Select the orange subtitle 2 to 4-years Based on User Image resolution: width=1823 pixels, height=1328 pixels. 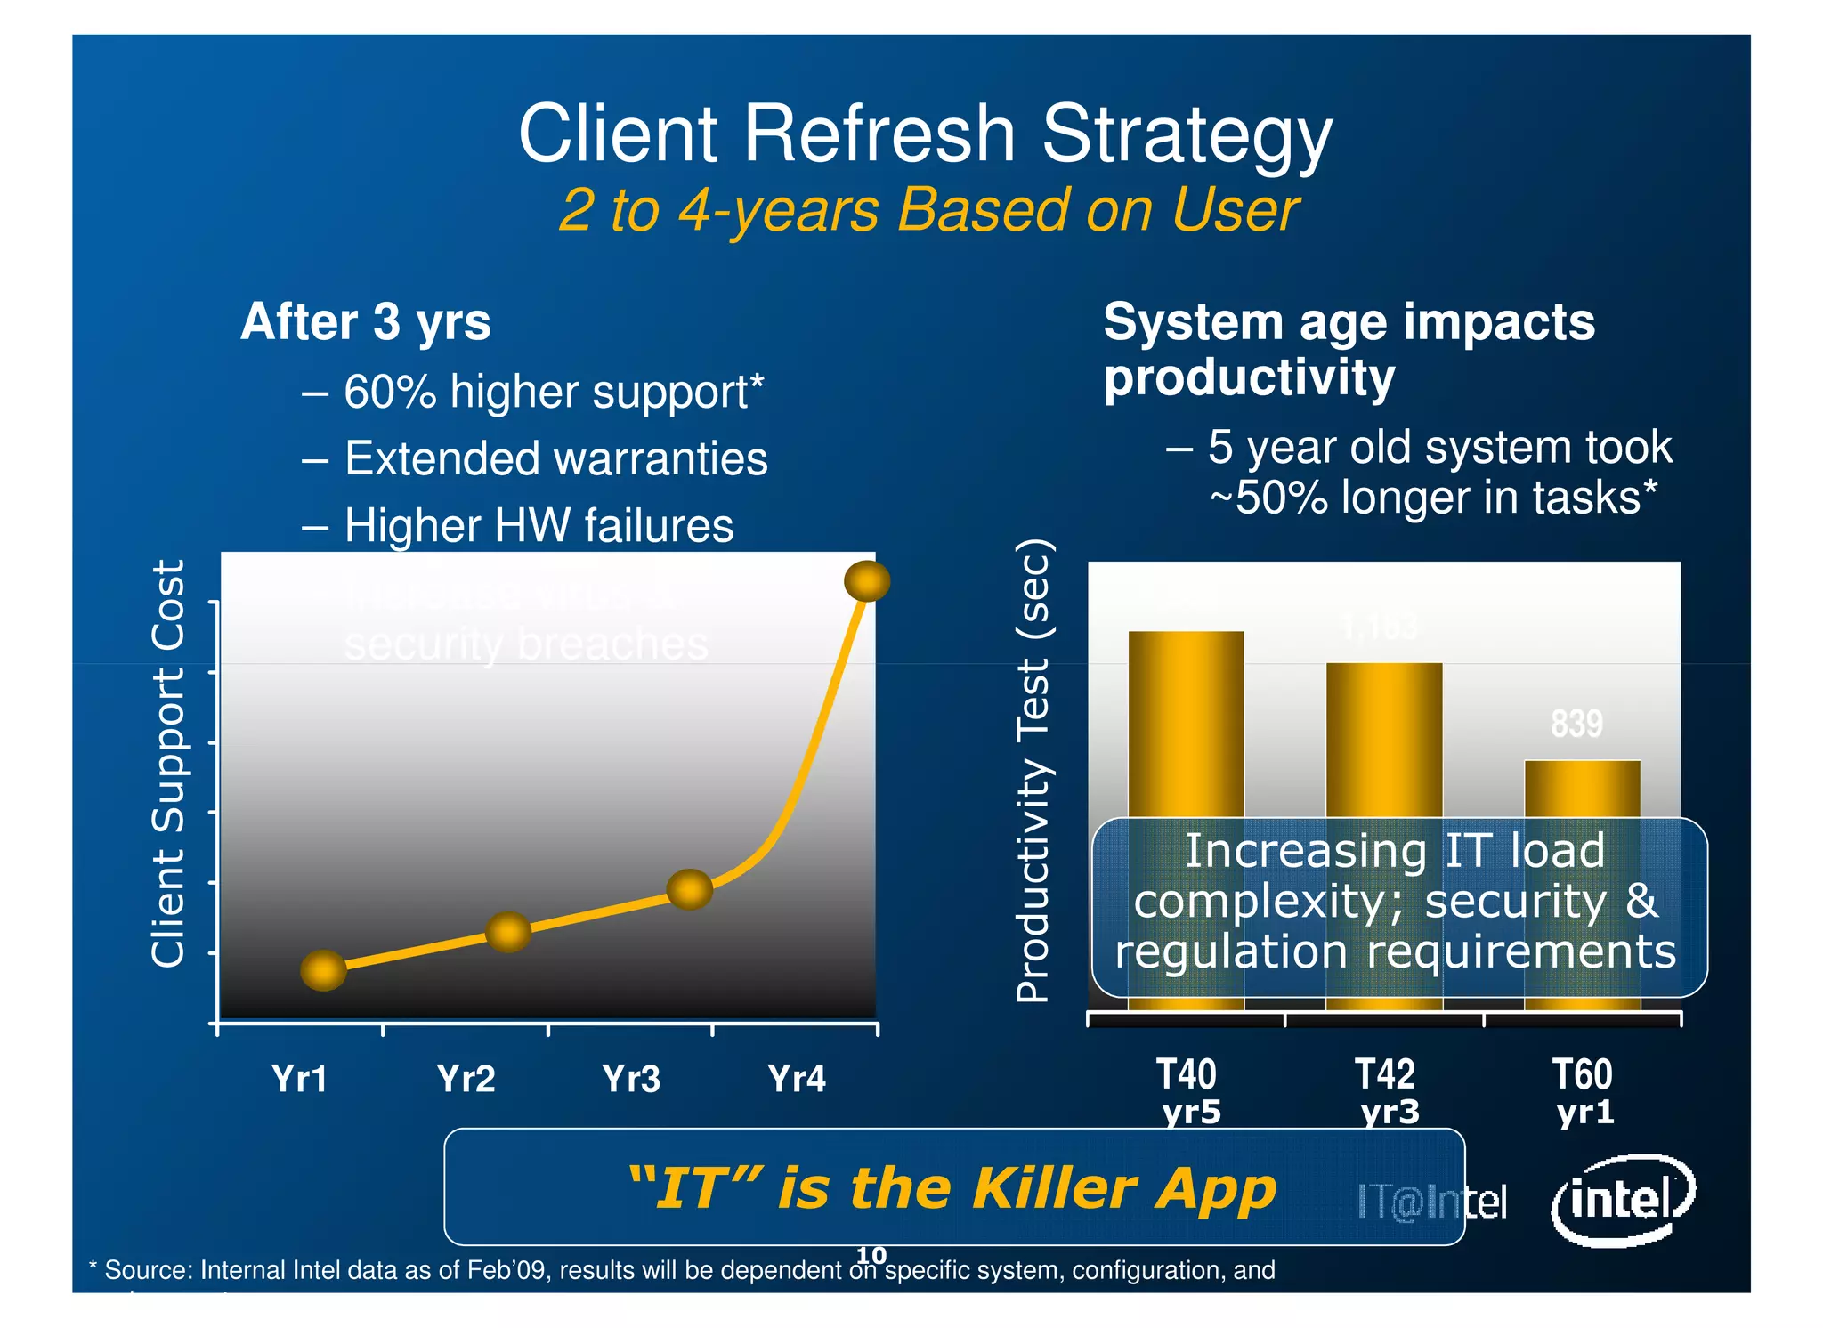pos(928,211)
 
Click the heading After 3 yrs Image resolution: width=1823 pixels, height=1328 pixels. pos(366,321)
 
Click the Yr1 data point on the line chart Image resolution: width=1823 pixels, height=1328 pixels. pos(323,969)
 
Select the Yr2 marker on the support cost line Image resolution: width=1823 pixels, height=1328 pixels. pos(508,932)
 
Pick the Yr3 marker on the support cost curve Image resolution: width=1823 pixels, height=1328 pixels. pos(689,889)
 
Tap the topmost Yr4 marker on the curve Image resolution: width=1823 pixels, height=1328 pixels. pos(866,581)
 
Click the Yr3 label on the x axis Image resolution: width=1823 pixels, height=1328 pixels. pos(631,1079)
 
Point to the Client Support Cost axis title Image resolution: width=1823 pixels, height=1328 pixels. pos(167,763)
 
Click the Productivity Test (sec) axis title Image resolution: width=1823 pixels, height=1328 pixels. pos(1034,771)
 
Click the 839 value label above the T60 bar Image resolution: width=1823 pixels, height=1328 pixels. pos(1576,723)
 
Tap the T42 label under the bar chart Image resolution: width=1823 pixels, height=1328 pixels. pos(1384,1074)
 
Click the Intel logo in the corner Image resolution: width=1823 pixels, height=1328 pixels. pos(1622,1200)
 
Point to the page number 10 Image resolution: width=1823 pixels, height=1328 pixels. pos(871,1254)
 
